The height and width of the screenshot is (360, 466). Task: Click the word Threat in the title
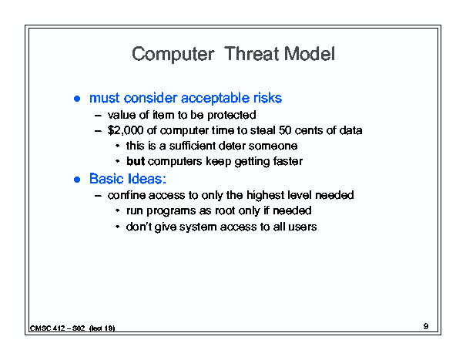pyautogui.click(x=252, y=54)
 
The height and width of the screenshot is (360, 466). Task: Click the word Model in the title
pyautogui.click(x=310, y=54)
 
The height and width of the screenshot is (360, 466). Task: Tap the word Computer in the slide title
pyautogui.click(x=173, y=55)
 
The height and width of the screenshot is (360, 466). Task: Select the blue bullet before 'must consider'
pyautogui.click(x=77, y=99)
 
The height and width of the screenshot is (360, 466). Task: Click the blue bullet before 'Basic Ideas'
pyautogui.click(x=77, y=180)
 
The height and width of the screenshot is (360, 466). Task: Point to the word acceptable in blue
pyautogui.click(x=215, y=98)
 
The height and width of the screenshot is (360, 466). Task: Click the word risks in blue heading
pyautogui.click(x=267, y=98)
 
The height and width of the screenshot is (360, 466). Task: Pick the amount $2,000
pyautogui.click(x=126, y=130)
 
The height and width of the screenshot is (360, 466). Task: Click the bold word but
pyautogui.click(x=136, y=161)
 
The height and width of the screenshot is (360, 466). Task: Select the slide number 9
pyautogui.click(x=426, y=326)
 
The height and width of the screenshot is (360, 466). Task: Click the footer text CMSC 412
pyautogui.click(x=47, y=328)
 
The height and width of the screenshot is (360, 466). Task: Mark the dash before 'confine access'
pyautogui.click(x=98, y=196)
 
